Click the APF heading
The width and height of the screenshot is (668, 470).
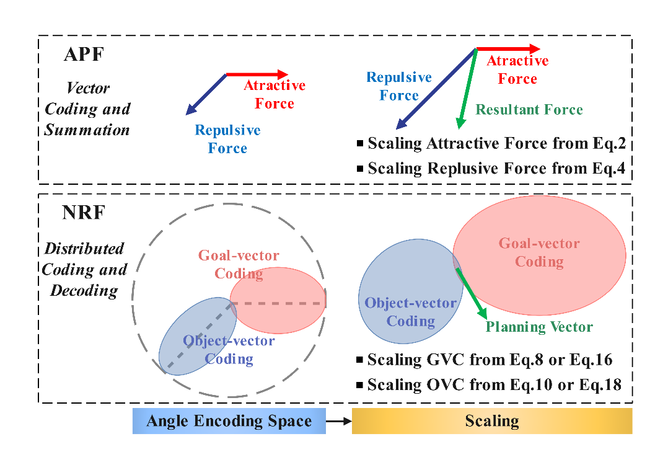click(84, 55)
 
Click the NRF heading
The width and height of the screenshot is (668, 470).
click(84, 213)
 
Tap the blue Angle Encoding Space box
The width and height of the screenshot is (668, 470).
click(229, 421)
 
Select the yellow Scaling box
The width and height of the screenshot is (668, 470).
click(492, 421)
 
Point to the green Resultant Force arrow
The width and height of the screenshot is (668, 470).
click(466, 89)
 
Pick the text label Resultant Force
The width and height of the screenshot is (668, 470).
click(529, 110)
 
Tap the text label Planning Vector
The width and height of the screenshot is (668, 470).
click(539, 327)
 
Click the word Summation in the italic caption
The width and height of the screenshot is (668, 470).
click(87, 130)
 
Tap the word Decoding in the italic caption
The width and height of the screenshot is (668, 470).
click(84, 291)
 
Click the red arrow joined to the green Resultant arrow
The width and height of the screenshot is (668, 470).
click(508, 48)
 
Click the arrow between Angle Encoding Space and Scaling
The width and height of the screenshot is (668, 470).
click(338, 421)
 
